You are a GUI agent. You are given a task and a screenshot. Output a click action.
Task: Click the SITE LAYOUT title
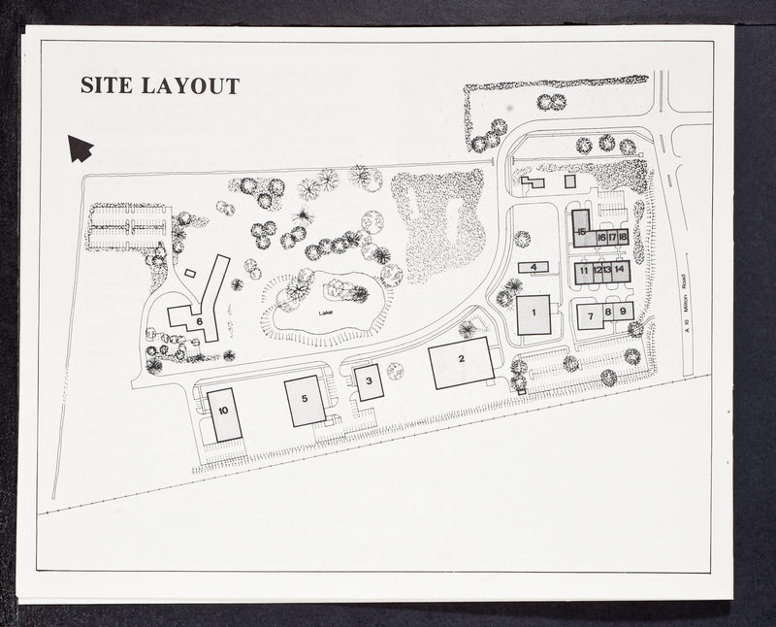[160, 85]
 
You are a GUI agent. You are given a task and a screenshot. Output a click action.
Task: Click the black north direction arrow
[80, 148]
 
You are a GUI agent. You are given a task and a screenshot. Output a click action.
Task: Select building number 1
[534, 315]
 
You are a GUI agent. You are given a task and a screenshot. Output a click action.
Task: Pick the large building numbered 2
[462, 363]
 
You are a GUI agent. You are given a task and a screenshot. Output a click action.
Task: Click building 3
[370, 382]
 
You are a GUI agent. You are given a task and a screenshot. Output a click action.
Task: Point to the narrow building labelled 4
[533, 268]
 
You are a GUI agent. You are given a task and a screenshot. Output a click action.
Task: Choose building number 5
[305, 401]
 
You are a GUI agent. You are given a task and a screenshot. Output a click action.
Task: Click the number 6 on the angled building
[200, 321]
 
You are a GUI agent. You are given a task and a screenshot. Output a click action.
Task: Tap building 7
[591, 316]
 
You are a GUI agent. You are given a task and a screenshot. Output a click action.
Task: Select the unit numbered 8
[608, 312]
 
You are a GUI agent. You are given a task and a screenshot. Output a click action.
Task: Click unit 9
[624, 312]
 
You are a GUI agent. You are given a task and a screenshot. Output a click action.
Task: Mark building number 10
[224, 415]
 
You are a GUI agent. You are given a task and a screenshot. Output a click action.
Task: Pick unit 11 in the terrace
[584, 272]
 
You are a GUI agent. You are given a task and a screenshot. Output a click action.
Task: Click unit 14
[620, 272]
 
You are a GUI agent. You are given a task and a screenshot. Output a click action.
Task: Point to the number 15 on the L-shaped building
[581, 231]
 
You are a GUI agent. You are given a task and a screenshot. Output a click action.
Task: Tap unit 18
[623, 238]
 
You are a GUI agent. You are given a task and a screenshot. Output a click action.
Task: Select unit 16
[601, 238]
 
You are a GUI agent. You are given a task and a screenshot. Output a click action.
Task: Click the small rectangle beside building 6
[189, 273]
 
